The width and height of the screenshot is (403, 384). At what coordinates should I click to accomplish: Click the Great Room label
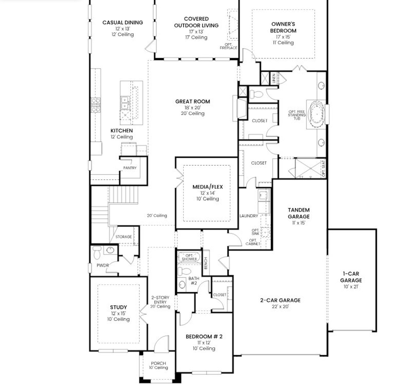(x=192, y=101)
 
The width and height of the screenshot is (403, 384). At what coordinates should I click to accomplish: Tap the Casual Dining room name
(x=122, y=22)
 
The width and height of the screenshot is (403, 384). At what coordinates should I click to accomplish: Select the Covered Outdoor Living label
(x=196, y=22)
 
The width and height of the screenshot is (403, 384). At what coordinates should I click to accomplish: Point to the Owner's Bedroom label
(x=283, y=27)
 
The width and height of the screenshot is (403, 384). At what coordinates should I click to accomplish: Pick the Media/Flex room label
(x=207, y=187)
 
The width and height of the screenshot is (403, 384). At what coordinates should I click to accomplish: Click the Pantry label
(x=130, y=168)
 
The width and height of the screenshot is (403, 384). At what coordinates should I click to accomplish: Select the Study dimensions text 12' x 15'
(x=118, y=313)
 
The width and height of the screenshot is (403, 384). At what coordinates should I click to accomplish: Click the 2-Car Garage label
(x=280, y=300)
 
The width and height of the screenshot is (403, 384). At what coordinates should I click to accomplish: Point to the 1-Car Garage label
(x=351, y=277)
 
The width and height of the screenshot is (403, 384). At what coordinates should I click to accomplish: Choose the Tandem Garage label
(x=298, y=213)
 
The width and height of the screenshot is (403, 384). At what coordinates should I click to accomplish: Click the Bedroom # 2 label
(x=204, y=337)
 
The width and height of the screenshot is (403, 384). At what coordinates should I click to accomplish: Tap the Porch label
(x=158, y=363)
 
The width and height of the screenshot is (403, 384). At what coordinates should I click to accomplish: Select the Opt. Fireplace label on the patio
(x=228, y=46)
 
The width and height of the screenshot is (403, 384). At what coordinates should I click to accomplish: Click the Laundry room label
(x=249, y=216)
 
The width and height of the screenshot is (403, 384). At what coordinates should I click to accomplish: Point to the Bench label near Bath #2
(x=206, y=263)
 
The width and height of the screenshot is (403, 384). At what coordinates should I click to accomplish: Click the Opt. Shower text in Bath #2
(x=189, y=257)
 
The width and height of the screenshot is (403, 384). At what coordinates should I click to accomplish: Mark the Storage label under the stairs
(x=123, y=237)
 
